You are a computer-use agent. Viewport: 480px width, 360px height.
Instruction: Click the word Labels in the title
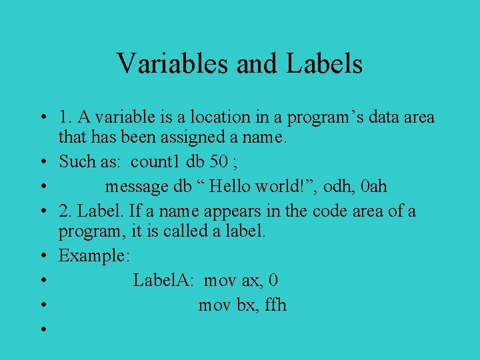325,64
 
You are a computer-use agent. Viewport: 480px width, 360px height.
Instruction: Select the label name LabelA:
163,280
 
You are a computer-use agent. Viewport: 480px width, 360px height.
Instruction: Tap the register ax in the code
251,280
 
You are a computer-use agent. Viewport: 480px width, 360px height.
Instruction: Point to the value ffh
275,305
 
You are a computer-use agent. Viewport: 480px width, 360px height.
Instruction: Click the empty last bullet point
42,329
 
